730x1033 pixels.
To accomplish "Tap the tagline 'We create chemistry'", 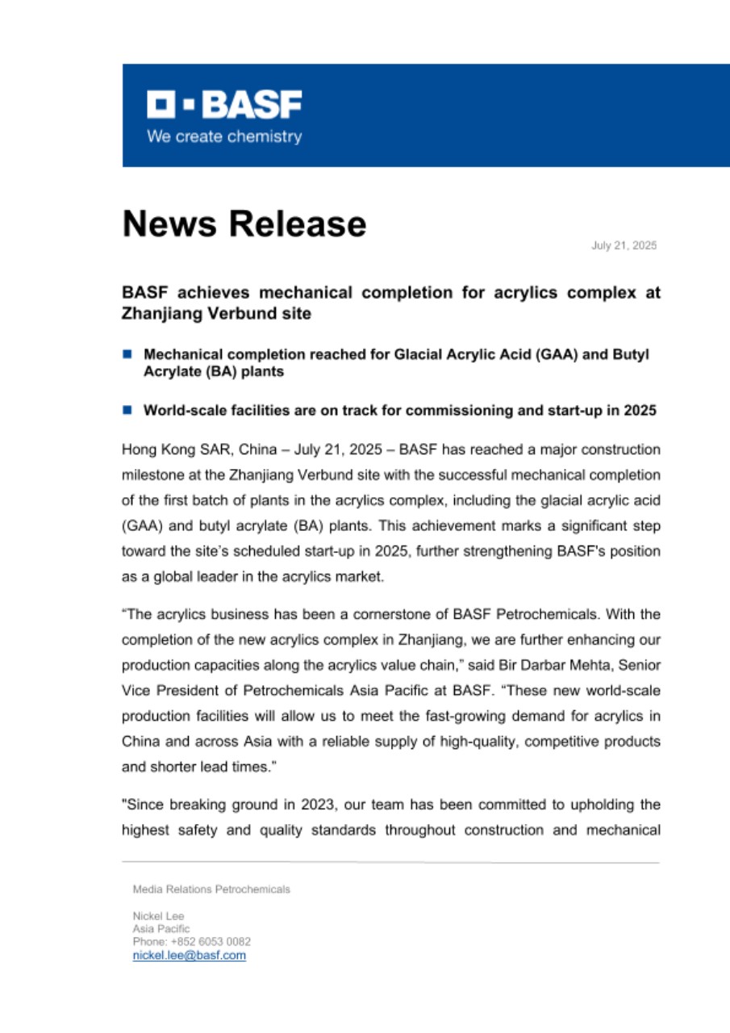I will (x=223, y=136).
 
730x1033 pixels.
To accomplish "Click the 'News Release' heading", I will (x=244, y=224).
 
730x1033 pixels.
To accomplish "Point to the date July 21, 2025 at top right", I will (x=624, y=245).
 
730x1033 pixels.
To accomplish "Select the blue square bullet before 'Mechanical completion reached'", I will (x=127, y=353).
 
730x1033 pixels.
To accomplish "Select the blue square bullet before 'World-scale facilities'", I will (x=127, y=409).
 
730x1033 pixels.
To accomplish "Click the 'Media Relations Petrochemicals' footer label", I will (x=211, y=889).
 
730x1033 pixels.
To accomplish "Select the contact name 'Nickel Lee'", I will (x=158, y=916).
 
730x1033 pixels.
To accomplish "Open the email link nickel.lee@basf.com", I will (x=189, y=956).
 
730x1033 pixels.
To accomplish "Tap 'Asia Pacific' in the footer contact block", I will (x=161, y=929).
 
